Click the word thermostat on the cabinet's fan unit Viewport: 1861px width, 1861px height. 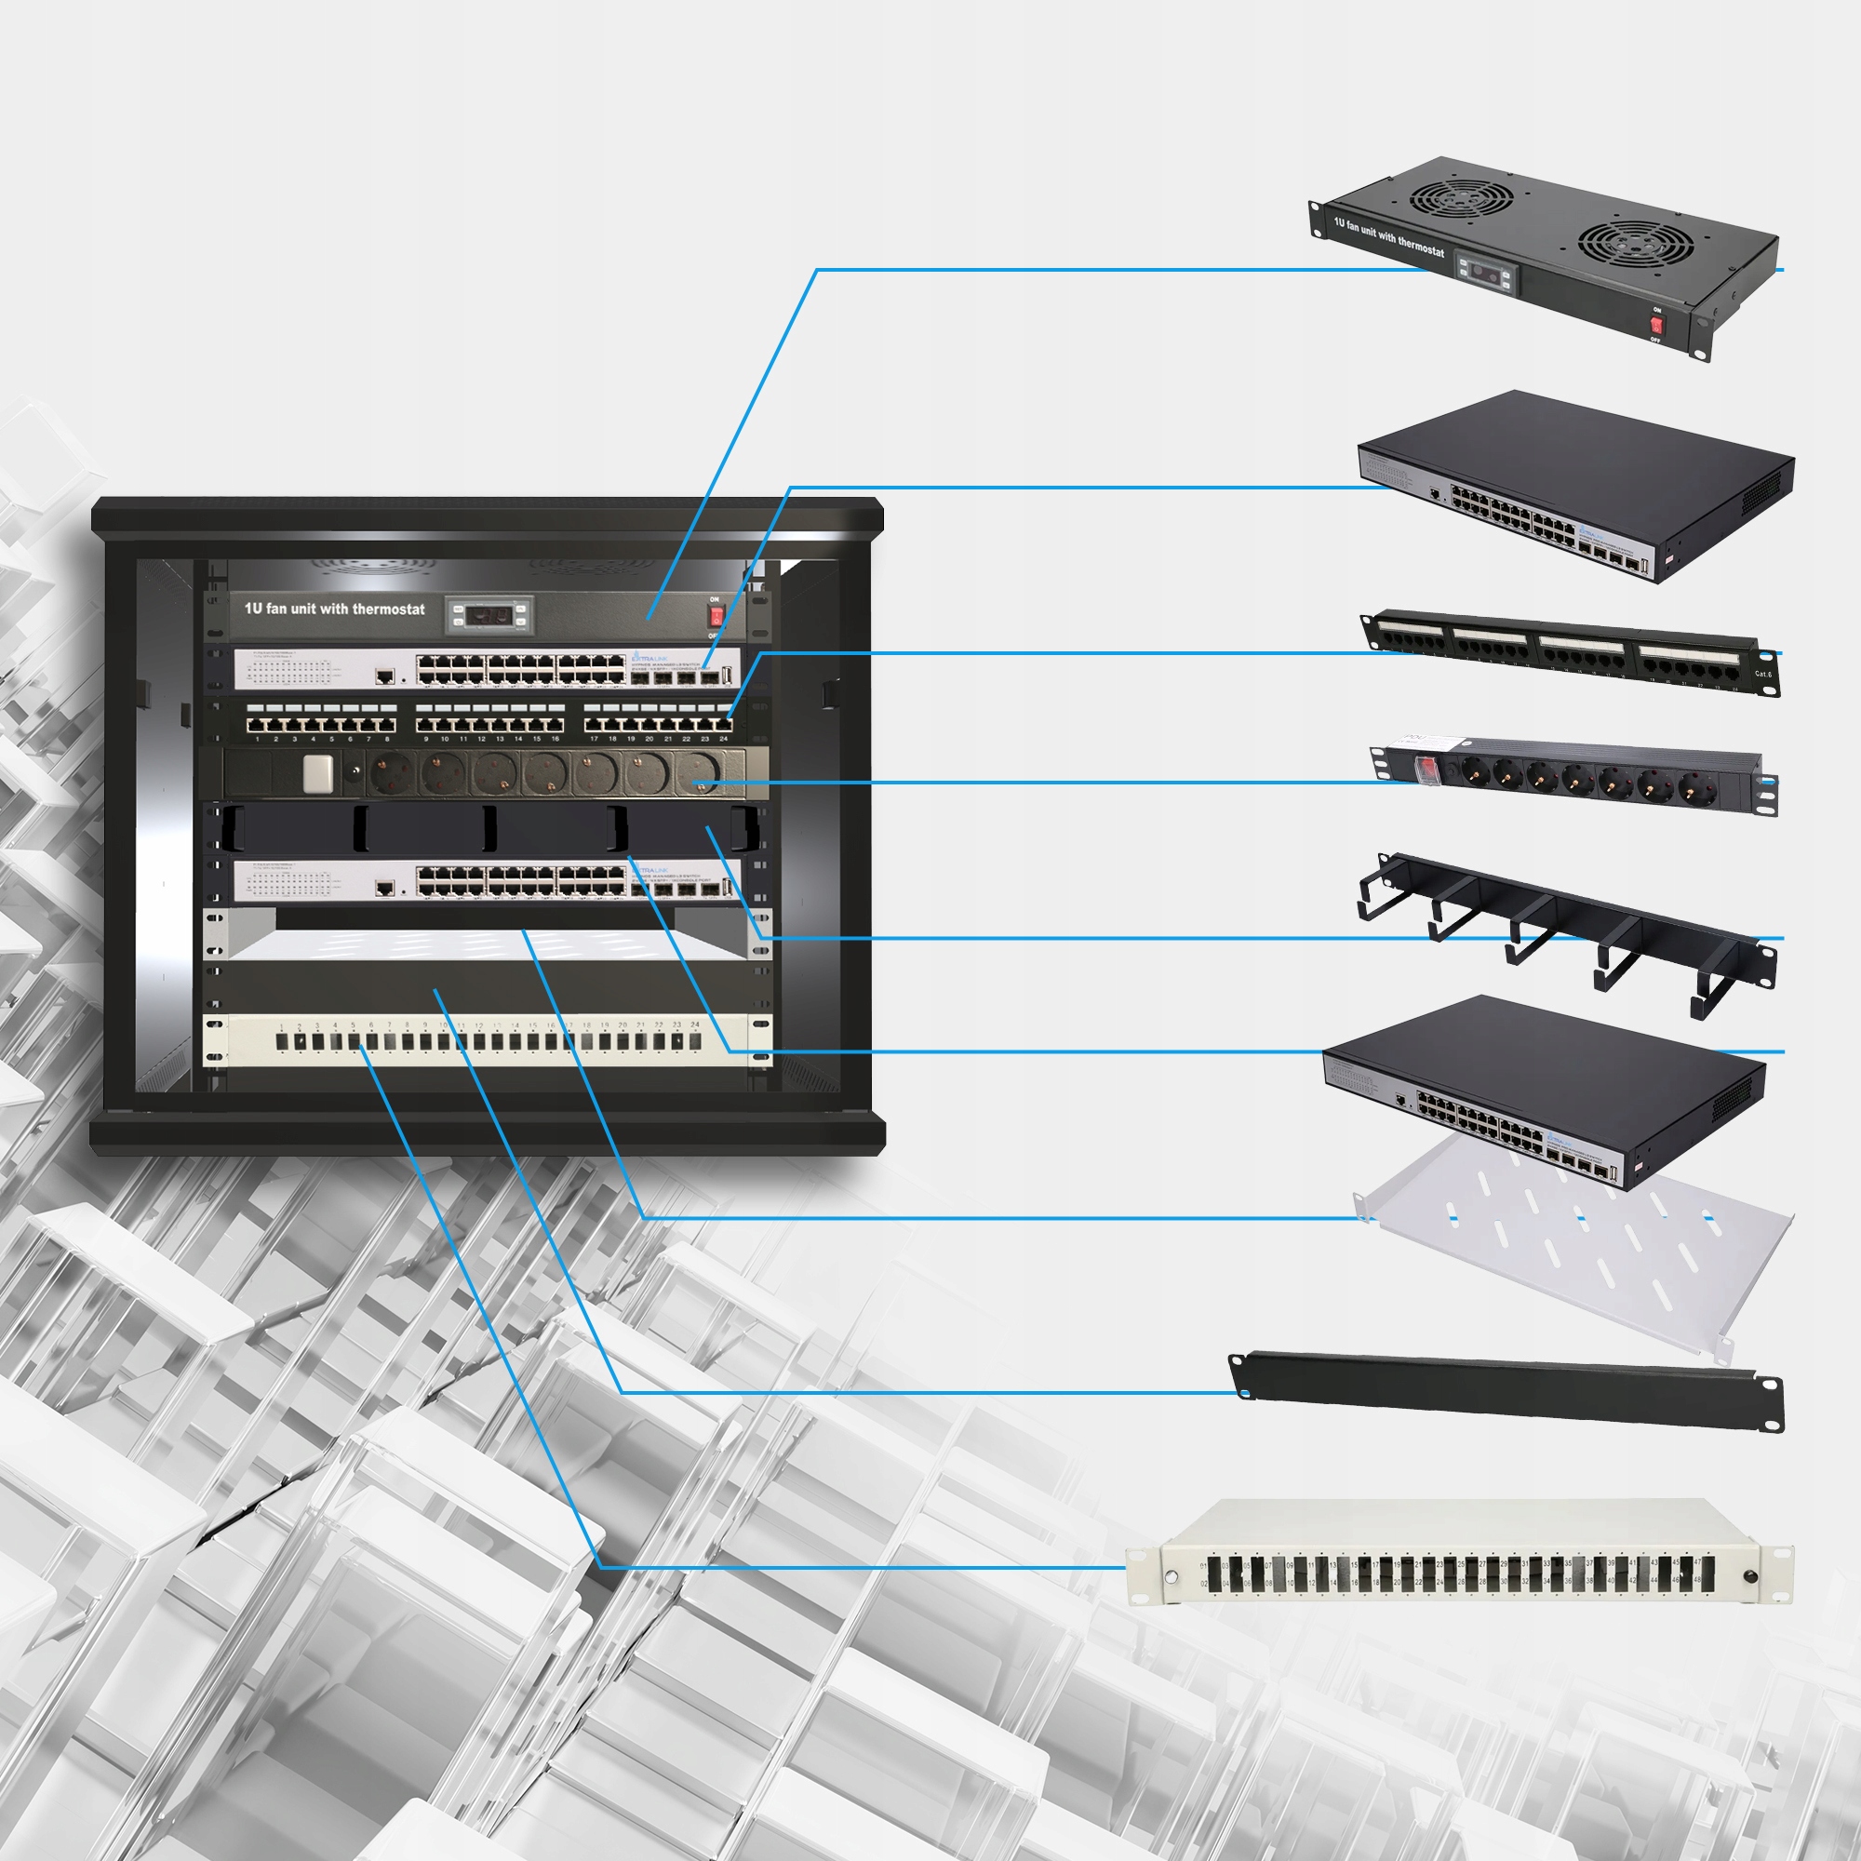[387, 609]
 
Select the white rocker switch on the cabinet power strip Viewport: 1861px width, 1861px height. [318, 773]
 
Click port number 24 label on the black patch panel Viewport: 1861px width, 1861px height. [723, 739]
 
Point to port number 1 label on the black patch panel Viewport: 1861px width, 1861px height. [257, 739]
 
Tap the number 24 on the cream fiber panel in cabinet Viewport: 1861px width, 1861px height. [695, 1024]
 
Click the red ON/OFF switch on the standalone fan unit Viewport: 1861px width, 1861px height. [1657, 325]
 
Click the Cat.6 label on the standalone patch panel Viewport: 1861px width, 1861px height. [1762, 675]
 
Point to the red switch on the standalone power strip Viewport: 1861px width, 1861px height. [1426, 768]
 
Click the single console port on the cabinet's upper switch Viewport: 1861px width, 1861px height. [384, 676]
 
